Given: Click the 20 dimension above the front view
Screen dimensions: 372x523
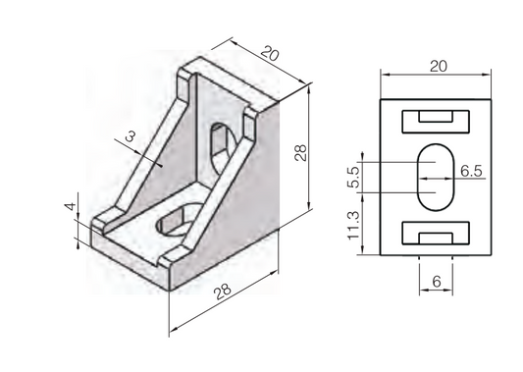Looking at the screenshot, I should click(438, 65).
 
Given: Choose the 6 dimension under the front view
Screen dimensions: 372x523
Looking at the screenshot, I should click(436, 283).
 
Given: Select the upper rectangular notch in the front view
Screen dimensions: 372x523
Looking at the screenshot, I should click(436, 120).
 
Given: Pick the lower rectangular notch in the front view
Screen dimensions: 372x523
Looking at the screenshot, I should click(436, 235).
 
